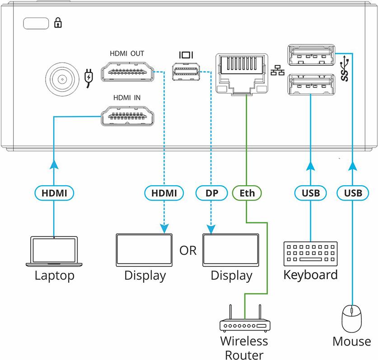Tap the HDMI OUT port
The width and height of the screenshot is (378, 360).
pos(126,73)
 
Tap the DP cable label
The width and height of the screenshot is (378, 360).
pos(211,193)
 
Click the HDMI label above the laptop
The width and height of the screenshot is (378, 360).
pos(54,193)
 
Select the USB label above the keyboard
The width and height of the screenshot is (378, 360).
pos(311,193)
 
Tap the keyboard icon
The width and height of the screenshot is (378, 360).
pos(310,254)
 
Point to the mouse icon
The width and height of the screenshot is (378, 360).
pos(352,319)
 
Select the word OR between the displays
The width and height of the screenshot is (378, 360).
pos(188,250)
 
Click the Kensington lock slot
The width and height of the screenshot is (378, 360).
pos(35,23)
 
